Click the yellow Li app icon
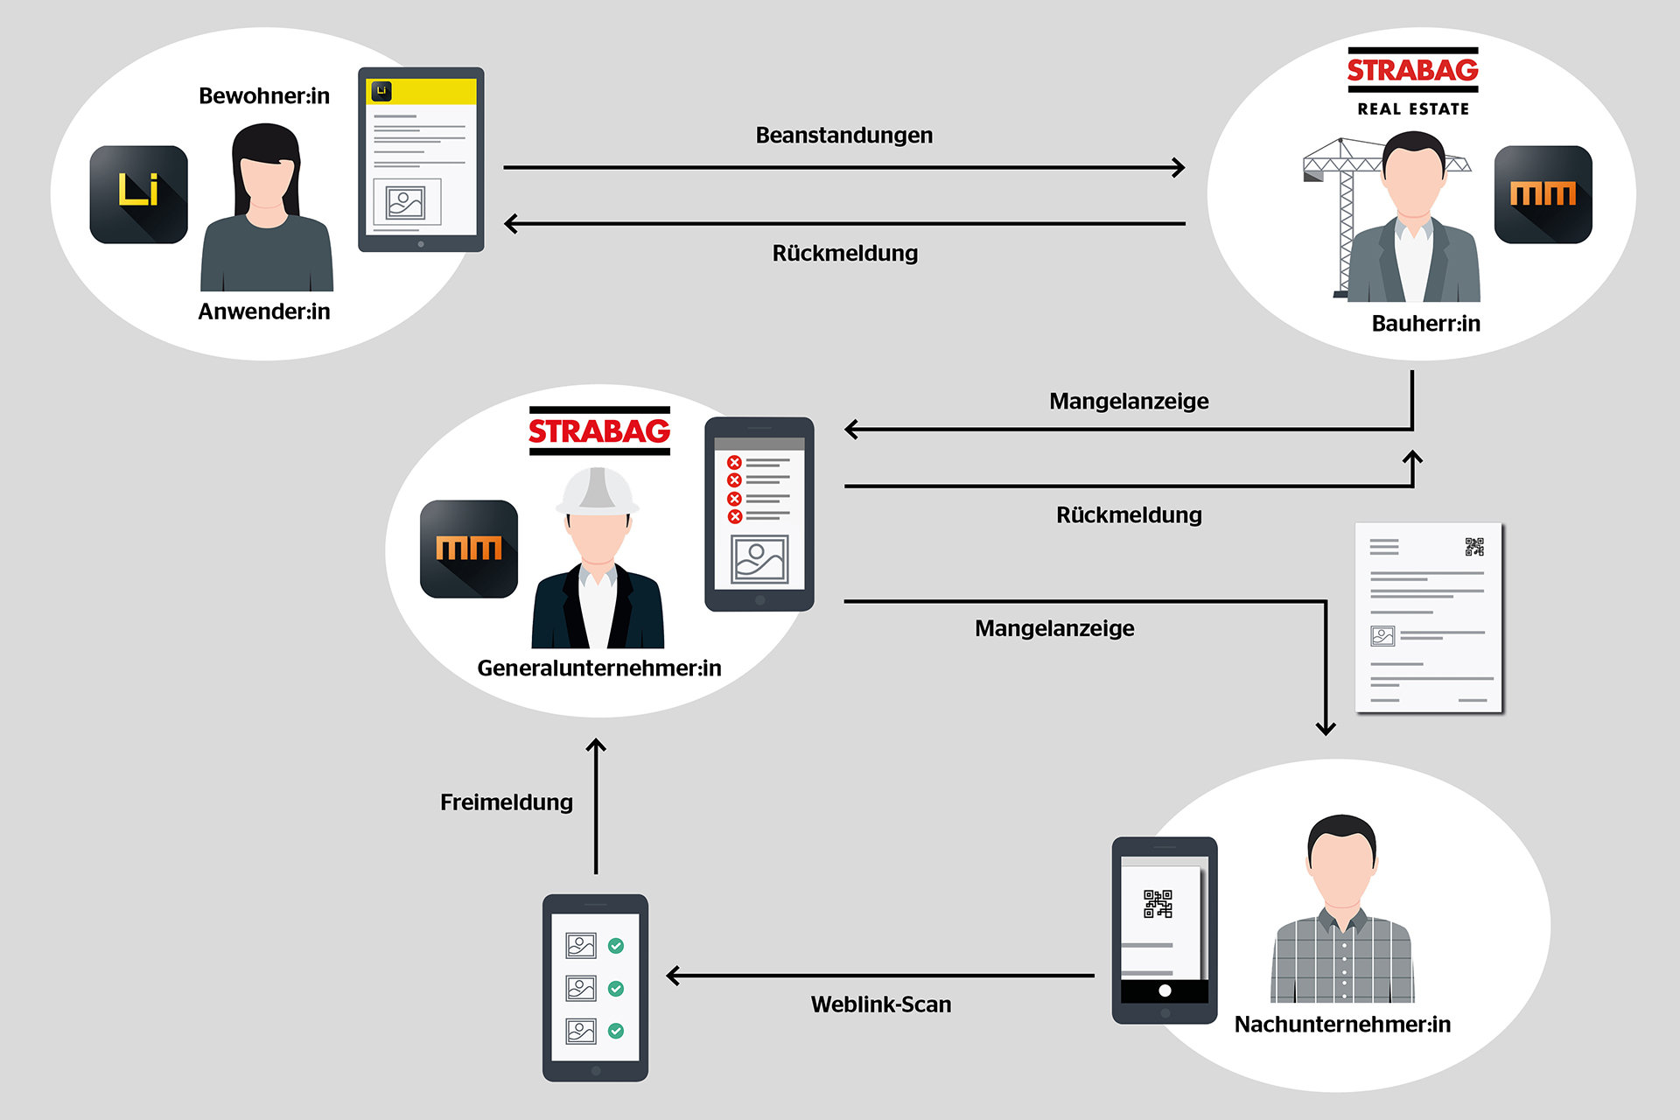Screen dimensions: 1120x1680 (x=138, y=194)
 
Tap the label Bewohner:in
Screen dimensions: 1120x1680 (x=263, y=95)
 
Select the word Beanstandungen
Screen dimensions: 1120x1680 (x=843, y=136)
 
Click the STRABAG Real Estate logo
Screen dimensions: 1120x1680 (x=1412, y=81)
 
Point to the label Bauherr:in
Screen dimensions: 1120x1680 (x=1425, y=324)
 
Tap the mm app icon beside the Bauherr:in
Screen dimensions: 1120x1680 (x=1543, y=194)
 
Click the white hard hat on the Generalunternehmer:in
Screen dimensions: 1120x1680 (x=597, y=491)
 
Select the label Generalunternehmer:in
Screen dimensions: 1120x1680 (x=598, y=668)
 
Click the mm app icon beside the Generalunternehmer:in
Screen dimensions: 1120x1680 (x=469, y=549)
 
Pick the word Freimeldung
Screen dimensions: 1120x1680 (x=506, y=802)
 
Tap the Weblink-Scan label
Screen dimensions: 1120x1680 (x=880, y=1004)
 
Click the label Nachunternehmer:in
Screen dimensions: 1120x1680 (x=1341, y=1025)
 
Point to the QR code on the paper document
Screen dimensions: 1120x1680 (x=1474, y=547)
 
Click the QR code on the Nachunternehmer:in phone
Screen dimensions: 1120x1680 (x=1158, y=904)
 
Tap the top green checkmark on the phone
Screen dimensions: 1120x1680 (x=616, y=945)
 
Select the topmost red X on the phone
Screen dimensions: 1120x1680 (x=734, y=462)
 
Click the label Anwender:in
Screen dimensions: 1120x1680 (x=263, y=311)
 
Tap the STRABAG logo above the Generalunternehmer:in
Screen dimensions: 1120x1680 (x=599, y=430)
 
